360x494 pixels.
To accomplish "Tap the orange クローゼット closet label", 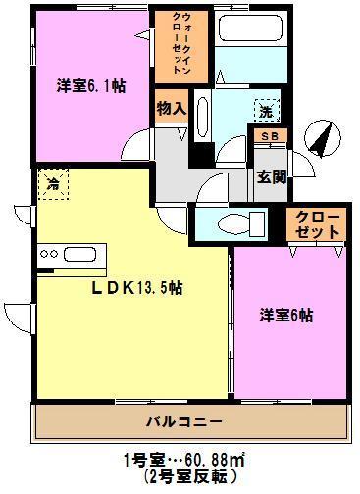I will tap(316, 224).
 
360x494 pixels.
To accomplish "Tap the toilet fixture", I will tap(235, 221).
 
